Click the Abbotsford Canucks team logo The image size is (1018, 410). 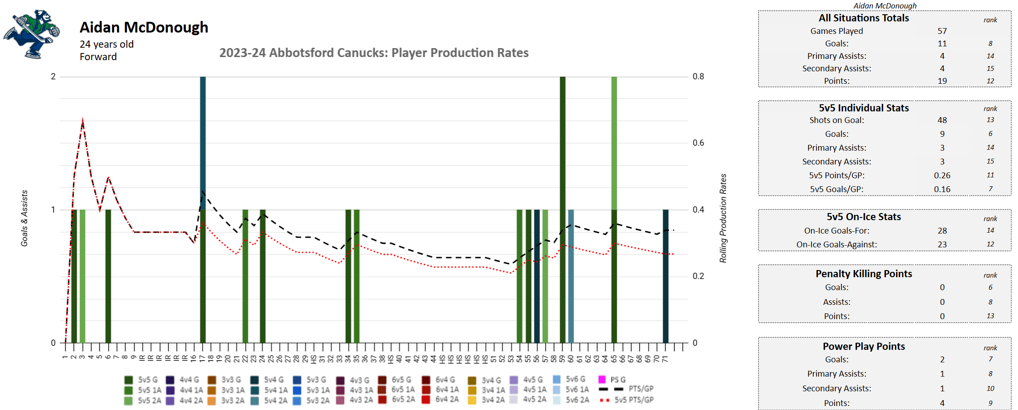coord(32,34)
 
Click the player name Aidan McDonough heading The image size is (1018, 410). coord(144,28)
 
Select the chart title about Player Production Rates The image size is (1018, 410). coord(374,53)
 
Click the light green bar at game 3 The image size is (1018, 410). coord(82,276)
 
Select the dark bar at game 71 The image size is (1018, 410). coord(665,276)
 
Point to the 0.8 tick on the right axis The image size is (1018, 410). coord(698,77)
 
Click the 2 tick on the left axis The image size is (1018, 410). coord(53,77)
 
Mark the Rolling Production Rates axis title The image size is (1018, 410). coord(723,218)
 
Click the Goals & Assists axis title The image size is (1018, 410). coord(24,218)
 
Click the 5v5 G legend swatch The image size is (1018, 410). coord(129,380)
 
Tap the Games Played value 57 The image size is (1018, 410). coord(942,31)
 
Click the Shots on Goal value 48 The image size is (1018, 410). coord(942,120)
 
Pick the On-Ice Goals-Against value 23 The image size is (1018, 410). coord(942,245)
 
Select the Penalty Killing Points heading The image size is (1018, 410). coord(864,274)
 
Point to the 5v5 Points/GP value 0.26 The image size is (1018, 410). coord(942,176)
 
